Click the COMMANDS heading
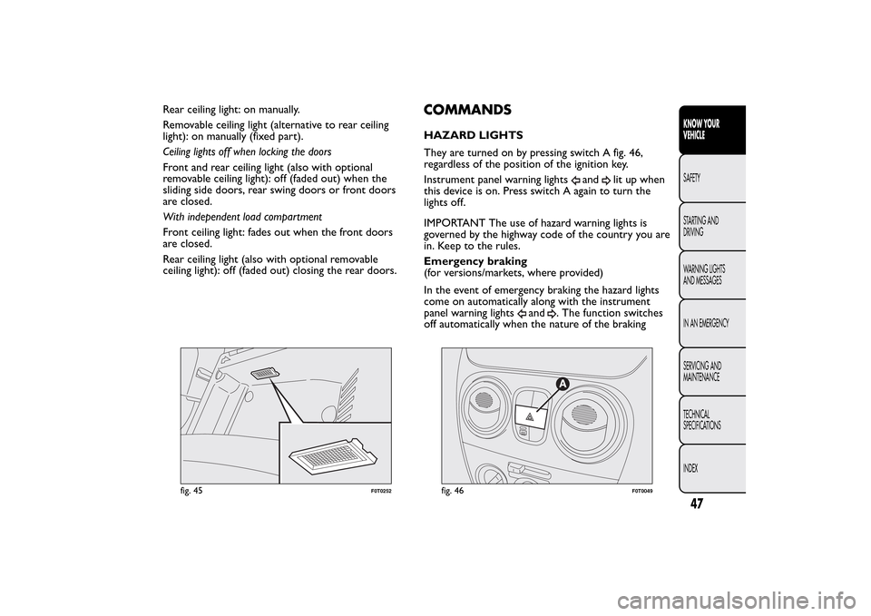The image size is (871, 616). coord(467,111)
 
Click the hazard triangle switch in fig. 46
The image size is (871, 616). coord(529,416)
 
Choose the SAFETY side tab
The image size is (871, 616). coord(693,179)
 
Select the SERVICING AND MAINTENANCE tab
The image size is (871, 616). coord(702,371)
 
